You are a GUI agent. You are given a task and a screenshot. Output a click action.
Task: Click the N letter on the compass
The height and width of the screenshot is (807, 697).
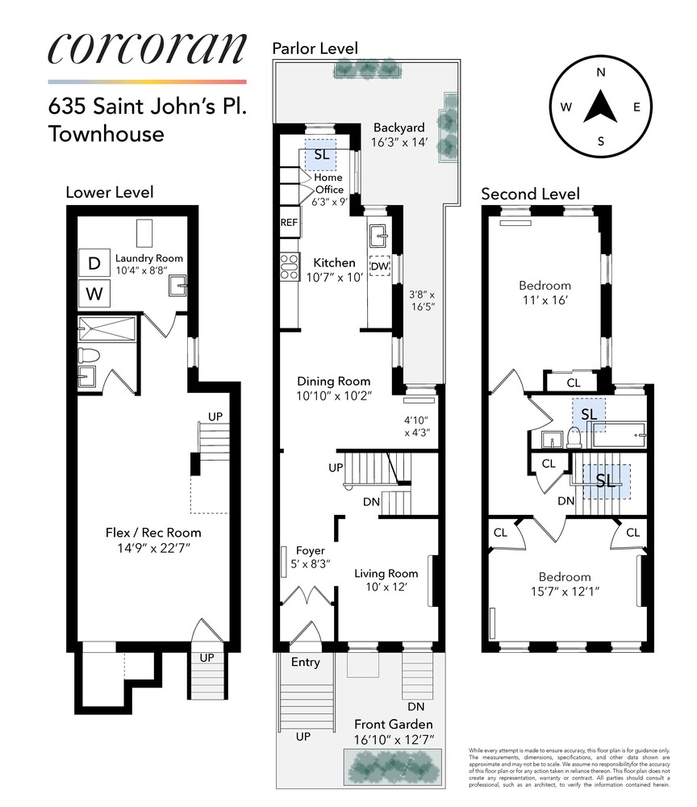(x=601, y=72)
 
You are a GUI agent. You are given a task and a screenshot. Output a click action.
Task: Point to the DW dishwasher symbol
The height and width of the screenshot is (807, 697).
(x=379, y=266)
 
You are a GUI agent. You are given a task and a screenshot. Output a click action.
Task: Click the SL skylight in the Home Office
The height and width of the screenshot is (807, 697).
(x=321, y=155)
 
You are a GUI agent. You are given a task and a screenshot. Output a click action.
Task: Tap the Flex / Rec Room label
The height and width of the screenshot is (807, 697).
(x=153, y=533)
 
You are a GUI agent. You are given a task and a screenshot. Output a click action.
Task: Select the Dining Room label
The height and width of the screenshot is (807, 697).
(x=333, y=382)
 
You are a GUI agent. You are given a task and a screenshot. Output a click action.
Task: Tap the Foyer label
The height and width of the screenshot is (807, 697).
(x=310, y=550)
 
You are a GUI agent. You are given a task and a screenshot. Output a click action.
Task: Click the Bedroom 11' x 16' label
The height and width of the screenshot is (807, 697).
(x=544, y=286)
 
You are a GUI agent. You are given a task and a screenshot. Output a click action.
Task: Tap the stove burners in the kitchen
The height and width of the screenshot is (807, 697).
(x=289, y=266)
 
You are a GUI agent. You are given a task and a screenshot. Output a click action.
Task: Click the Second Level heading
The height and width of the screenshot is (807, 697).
(x=530, y=194)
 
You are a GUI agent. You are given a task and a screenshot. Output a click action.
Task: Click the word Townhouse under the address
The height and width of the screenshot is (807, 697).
(x=106, y=133)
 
